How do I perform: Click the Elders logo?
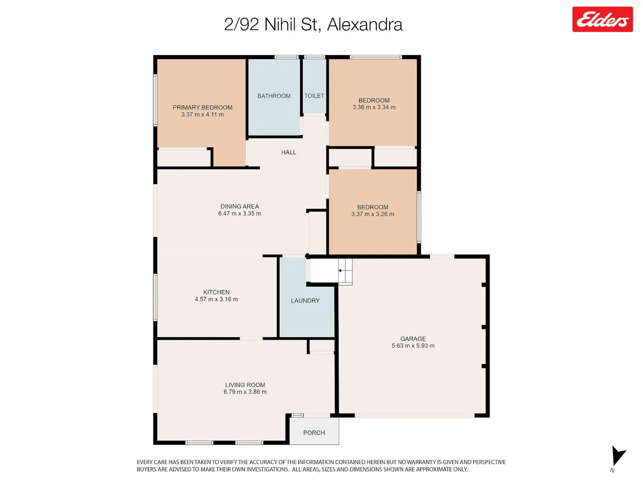(602, 19)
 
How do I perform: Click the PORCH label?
(314, 433)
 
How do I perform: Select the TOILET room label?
(314, 96)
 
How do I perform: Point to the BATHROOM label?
(274, 96)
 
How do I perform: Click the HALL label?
(288, 152)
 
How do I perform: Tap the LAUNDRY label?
(305, 301)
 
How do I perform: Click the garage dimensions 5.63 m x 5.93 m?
(413, 346)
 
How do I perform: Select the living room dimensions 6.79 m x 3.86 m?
(245, 392)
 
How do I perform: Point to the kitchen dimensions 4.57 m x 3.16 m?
(216, 299)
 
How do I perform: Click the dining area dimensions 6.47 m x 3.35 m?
(239, 213)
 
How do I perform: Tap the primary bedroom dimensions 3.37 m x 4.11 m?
(202, 114)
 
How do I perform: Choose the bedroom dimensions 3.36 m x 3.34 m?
(374, 107)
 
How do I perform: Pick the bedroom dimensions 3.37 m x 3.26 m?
(373, 214)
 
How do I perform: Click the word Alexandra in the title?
(364, 24)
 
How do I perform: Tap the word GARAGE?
(413, 338)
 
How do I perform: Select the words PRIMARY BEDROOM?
(202, 108)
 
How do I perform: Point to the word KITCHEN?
(216, 292)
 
